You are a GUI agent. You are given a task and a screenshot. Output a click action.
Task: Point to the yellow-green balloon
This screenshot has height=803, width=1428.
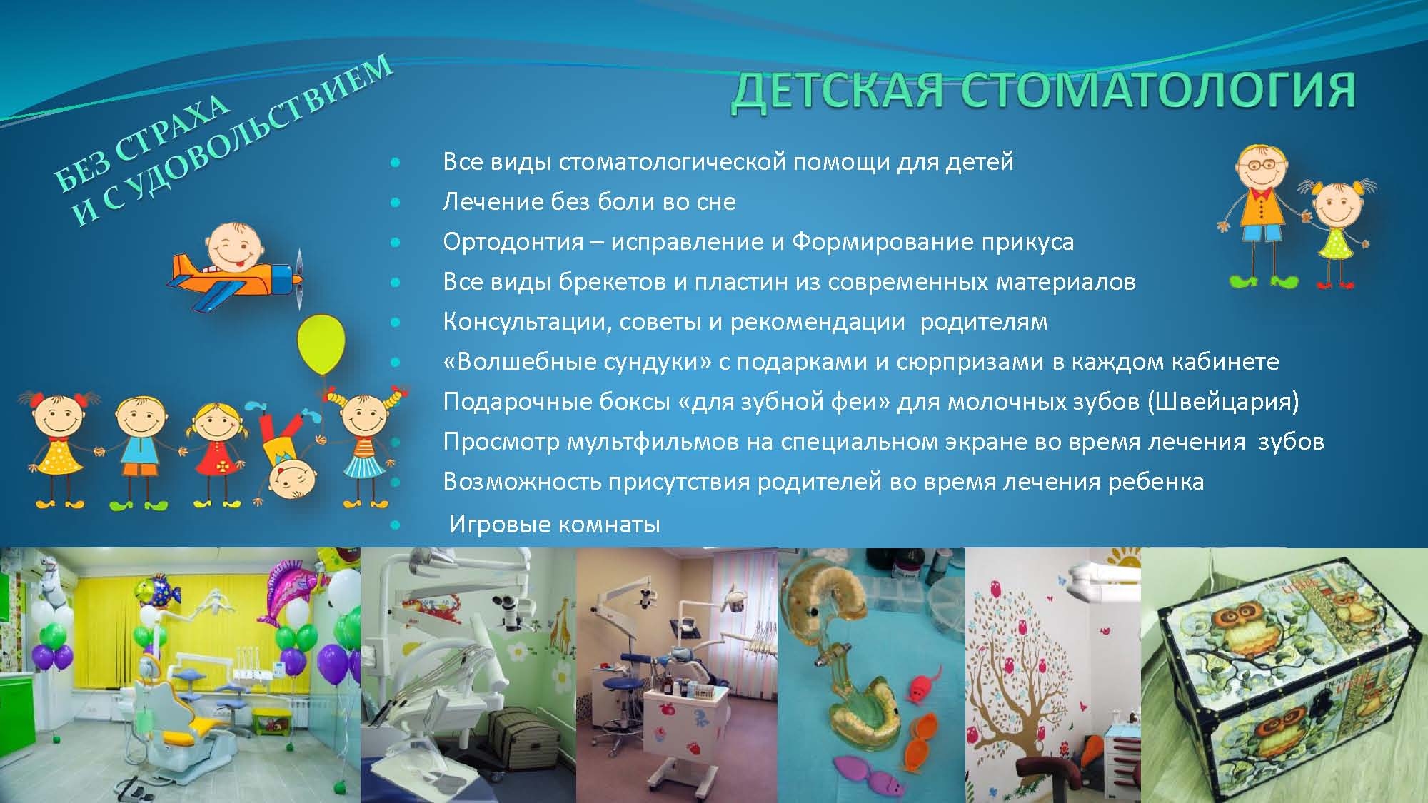(321, 345)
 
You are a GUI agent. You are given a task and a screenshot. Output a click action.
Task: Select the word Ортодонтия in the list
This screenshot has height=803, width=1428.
(513, 242)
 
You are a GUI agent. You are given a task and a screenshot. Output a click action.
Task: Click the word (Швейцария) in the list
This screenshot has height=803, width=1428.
(1222, 402)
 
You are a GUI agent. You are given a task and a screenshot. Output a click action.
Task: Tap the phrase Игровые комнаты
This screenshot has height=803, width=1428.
(555, 525)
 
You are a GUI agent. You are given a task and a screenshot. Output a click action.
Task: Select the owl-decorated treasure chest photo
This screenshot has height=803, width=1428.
(1284, 675)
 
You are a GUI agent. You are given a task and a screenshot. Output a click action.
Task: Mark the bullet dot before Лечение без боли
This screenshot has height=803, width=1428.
(396, 203)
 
